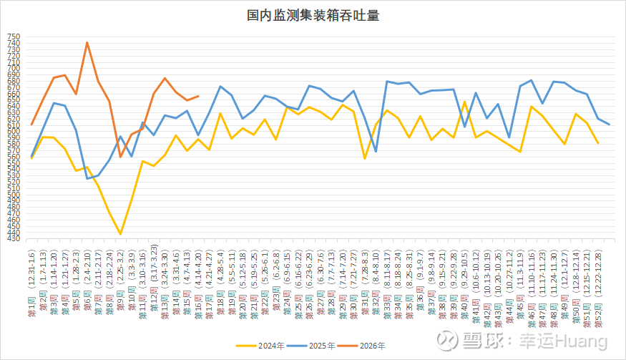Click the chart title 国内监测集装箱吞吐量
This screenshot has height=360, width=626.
click(313, 15)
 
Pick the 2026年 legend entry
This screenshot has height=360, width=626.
click(368, 346)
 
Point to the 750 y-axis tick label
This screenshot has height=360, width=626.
click(14, 37)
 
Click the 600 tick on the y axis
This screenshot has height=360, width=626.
click(14, 131)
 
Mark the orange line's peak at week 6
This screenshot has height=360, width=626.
click(87, 42)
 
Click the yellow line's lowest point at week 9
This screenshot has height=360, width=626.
click(120, 234)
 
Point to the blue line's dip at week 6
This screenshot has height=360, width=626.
click(87, 178)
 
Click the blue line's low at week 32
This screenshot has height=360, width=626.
click(376, 152)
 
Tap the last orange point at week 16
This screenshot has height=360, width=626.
click(198, 96)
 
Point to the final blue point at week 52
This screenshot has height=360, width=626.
click(609, 125)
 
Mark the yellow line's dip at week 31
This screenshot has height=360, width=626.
click(365, 159)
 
